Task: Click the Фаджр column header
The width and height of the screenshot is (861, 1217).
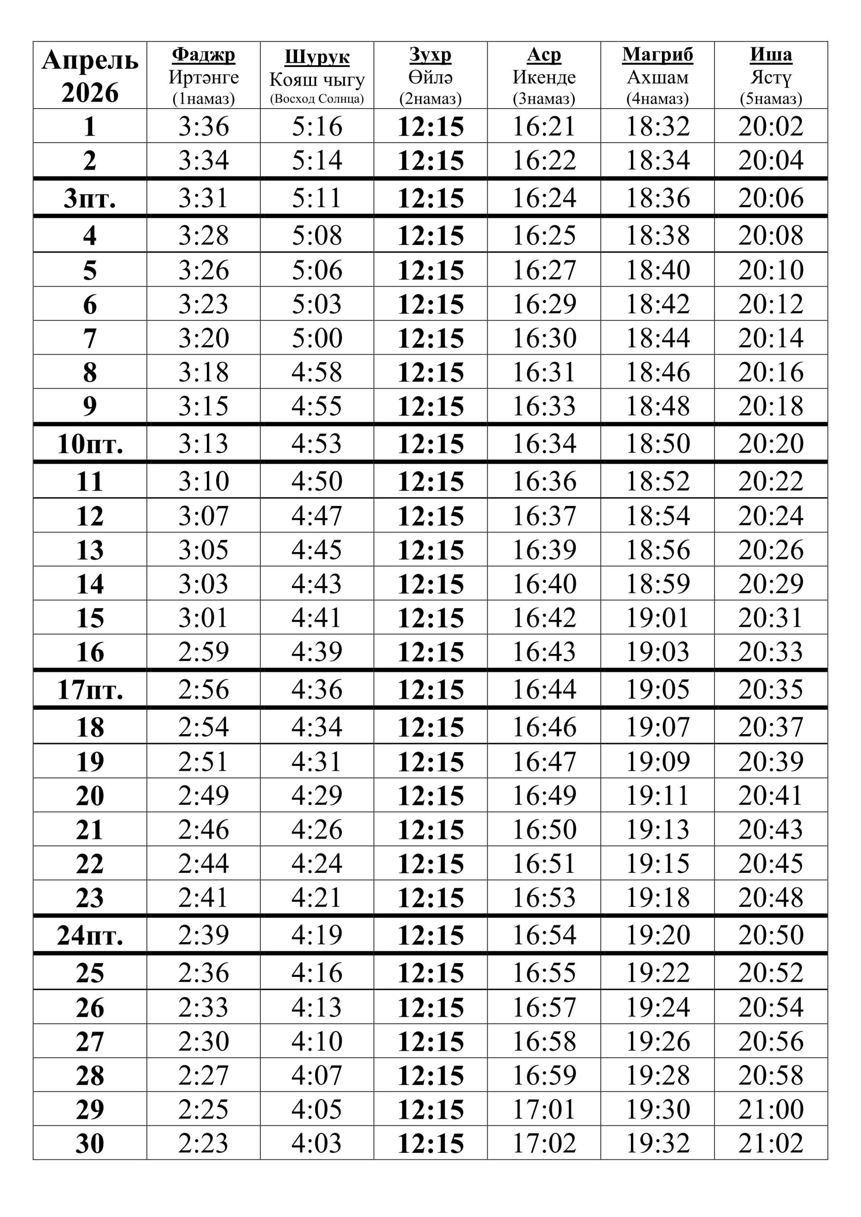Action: click(203, 55)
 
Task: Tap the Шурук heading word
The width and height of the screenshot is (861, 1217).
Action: click(317, 57)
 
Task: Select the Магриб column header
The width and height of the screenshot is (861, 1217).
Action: click(657, 55)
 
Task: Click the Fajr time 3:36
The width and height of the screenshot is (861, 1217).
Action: click(203, 126)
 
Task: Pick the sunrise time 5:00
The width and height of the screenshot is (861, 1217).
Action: click(317, 338)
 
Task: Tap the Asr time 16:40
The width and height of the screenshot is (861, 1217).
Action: click(544, 584)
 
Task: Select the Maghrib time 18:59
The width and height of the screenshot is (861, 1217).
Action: click(658, 584)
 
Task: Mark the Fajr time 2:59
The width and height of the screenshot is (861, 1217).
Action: click(203, 651)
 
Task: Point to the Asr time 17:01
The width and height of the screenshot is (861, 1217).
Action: click(544, 1109)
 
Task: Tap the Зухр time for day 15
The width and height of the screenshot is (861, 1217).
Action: click(431, 618)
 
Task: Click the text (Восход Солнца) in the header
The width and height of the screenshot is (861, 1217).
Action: click(317, 99)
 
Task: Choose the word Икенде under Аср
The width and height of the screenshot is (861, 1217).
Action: click(544, 77)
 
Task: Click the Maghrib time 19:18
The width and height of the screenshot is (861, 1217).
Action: click(658, 898)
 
